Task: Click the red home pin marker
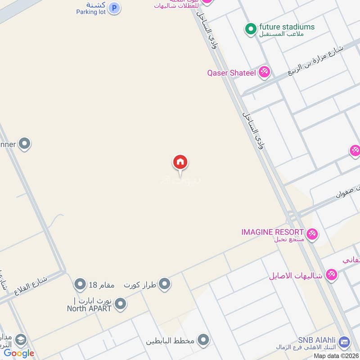[180, 162]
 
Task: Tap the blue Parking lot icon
[115, 8]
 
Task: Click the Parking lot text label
[91, 12]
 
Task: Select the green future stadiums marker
[250, 29]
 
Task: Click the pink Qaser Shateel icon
[265, 72]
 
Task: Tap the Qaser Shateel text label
[231, 72]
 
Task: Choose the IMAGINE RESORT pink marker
[312, 234]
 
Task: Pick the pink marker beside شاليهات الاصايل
[332, 274]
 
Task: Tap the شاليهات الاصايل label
[296, 275]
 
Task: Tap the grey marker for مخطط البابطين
[204, 340]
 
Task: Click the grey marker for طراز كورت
[165, 283]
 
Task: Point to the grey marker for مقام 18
[80, 284]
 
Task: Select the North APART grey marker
[120, 304]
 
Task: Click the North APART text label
[89, 308]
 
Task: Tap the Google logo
[19, 353]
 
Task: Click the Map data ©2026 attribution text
[335, 355]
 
